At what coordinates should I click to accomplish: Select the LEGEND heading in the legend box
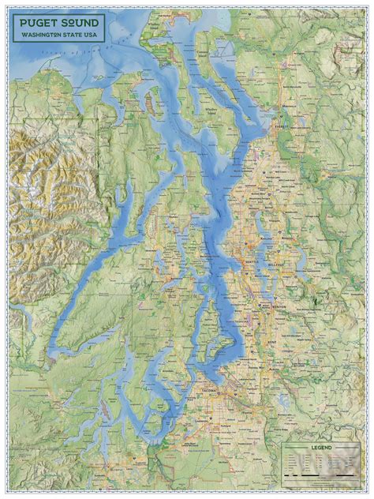click(321, 448)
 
